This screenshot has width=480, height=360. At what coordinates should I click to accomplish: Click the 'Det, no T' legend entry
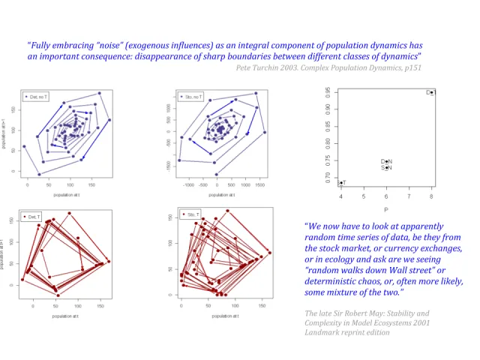38,97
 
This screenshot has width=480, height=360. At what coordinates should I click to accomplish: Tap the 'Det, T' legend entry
34,217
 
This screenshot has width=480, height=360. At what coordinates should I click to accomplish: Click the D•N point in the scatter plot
386,161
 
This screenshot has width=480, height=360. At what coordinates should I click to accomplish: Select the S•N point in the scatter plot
386,168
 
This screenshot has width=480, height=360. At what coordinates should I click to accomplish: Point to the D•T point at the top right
430,92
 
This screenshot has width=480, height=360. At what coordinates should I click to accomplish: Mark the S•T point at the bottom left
341,183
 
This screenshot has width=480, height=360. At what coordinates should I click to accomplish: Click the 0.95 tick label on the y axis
327,91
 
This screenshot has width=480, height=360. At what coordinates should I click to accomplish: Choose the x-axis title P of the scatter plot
385,208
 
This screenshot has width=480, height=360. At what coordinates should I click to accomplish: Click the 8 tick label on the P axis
431,196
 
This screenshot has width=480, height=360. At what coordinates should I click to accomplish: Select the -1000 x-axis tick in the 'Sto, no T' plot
189,184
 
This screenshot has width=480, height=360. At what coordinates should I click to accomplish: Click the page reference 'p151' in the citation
412,67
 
